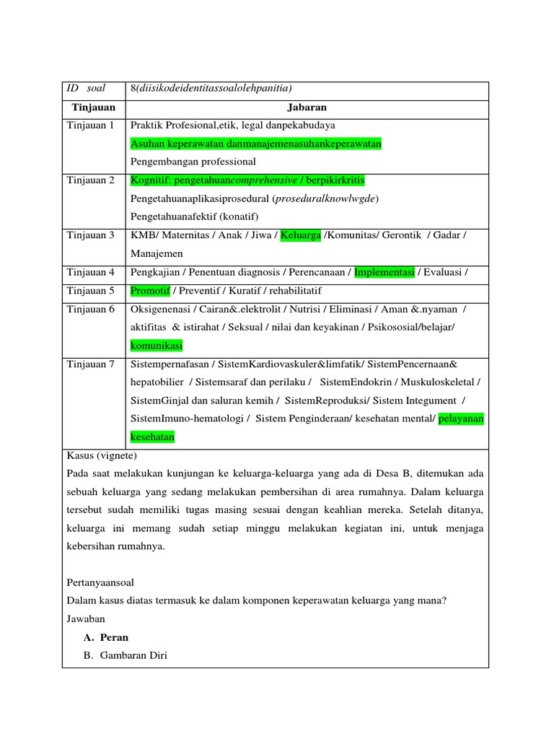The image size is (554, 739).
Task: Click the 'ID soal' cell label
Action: [x=86, y=89]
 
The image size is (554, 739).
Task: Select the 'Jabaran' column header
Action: [x=307, y=107]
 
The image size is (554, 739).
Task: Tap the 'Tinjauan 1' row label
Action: [x=90, y=126]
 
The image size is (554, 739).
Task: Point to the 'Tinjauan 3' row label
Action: [x=90, y=235]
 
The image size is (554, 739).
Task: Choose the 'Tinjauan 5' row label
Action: [x=90, y=291]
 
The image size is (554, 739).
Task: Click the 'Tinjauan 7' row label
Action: [x=90, y=364]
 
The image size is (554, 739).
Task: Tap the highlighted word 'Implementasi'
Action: [x=384, y=272]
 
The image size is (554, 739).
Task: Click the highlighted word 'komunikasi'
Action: [x=157, y=346]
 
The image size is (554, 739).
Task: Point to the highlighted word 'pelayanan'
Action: [x=461, y=419]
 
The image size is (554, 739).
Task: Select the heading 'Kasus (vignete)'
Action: [x=101, y=456]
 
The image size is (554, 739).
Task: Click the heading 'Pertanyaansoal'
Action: [x=100, y=582]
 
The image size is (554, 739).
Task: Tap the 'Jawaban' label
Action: [x=86, y=618]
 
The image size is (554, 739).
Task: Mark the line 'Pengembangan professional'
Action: [x=193, y=162]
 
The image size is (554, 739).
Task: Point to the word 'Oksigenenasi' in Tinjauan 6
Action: [x=159, y=309]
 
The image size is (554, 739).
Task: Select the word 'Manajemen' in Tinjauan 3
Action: [x=157, y=254]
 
